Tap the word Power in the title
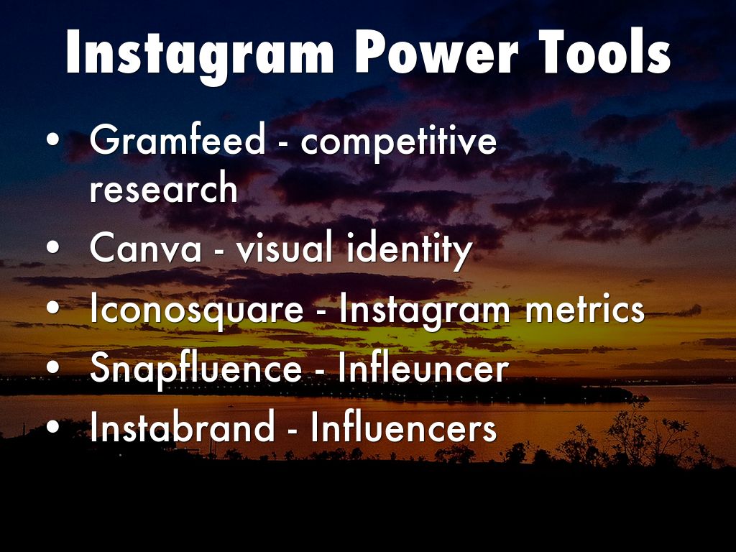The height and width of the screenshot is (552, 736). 436,52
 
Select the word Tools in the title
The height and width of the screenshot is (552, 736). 605,52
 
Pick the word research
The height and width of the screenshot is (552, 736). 163,188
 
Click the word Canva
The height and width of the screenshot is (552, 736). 145,247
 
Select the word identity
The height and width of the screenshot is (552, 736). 409,249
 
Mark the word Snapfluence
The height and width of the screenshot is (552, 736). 195,369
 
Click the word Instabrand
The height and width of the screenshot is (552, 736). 182,426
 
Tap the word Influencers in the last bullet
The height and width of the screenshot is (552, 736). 404,426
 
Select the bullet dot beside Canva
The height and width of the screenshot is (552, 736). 53,247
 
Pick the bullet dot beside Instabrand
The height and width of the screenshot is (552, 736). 53,427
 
